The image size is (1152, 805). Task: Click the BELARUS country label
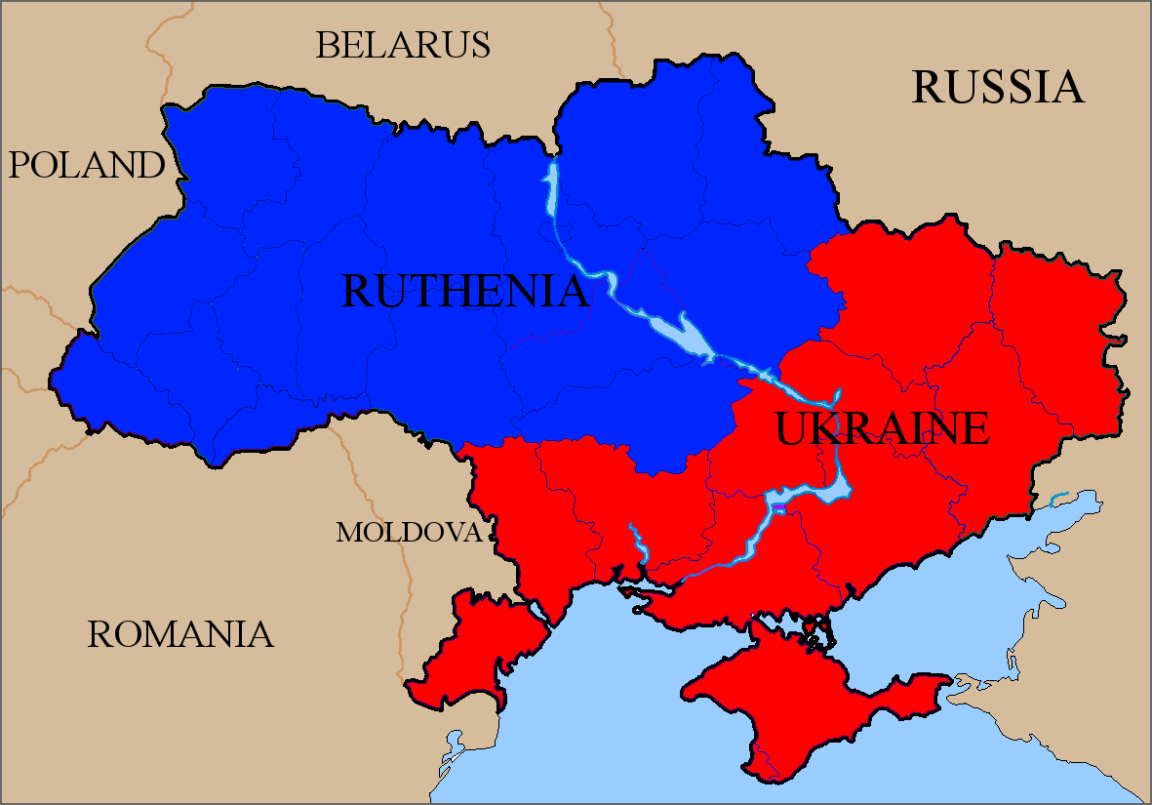tap(402, 45)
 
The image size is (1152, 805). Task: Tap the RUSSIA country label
tap(997, 87)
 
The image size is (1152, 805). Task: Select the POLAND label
tap(87, 166)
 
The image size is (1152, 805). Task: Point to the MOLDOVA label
tap(409, 533)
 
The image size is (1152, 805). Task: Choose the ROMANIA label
tap(180, 634)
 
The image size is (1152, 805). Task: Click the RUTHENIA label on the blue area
tap(465, 291)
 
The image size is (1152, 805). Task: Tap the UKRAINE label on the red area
tap(882, 428)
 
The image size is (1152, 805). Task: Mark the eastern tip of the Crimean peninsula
tap(946, 679)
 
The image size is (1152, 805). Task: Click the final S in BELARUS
tap(480, 45)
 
